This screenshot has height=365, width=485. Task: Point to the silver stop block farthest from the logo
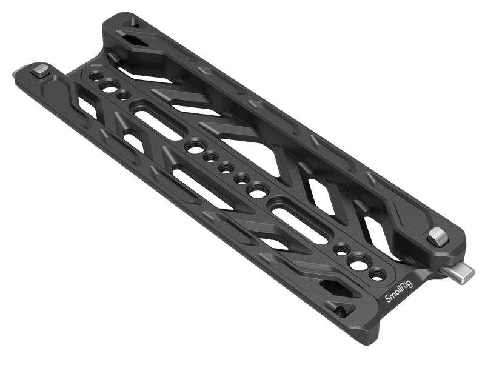pos(41,72)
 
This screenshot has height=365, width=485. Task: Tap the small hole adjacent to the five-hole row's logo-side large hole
pos(241,178)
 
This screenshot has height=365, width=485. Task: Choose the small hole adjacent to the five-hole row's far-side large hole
pos(211,157)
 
